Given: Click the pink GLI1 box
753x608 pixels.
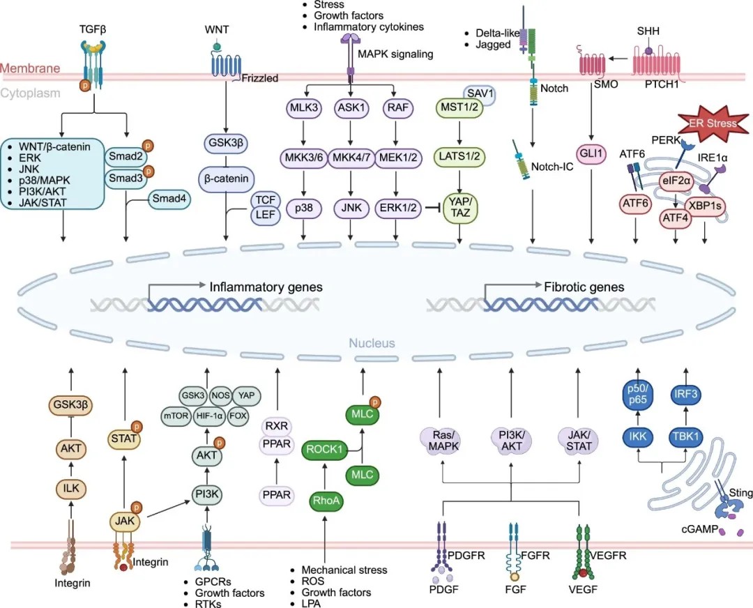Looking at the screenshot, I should coord(591,154).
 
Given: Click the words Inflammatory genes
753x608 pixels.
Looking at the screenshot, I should coord(266,287).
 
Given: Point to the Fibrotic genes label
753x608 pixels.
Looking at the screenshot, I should coord(583,287).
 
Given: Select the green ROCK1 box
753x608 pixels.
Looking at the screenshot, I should coord(325,450).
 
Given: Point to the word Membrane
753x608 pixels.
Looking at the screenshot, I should coord(30,68).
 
